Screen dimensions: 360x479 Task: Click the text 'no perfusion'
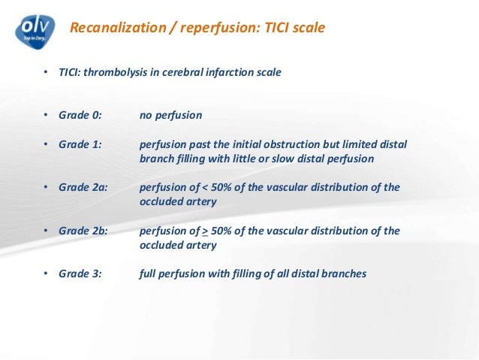[170, 116]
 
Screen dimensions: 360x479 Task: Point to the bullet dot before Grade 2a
[45, 188]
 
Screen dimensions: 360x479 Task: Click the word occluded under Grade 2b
[161, 245]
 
